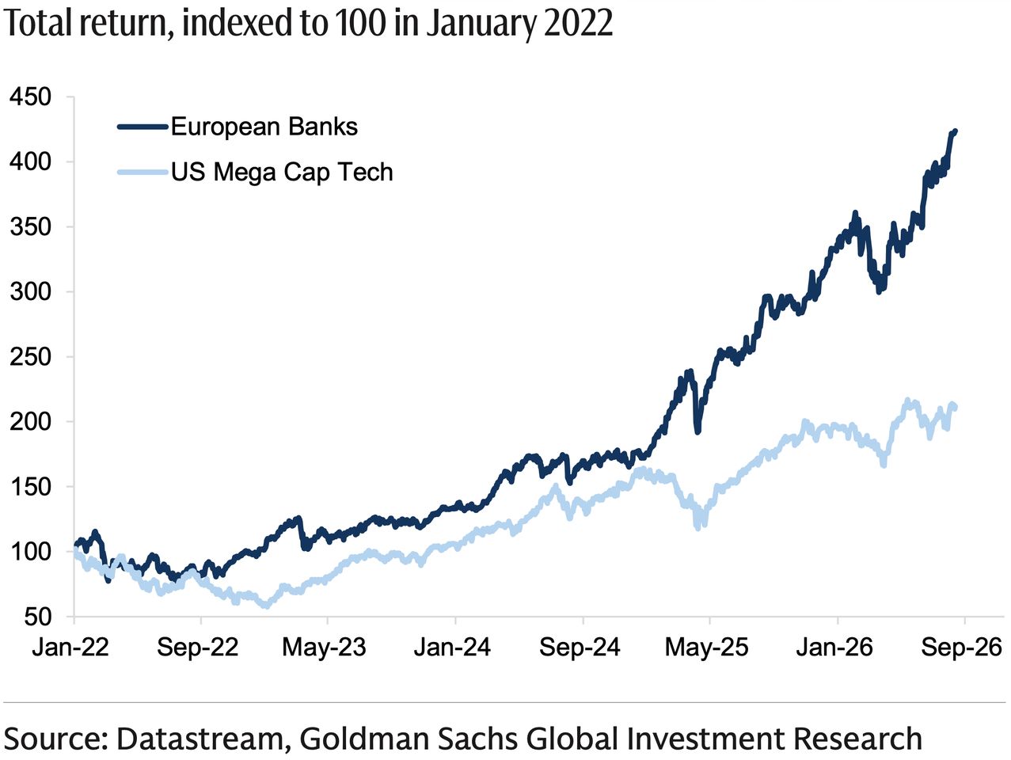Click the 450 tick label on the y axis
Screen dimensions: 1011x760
(x=30, y=97)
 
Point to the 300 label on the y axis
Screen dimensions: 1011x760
(x=30, y=292)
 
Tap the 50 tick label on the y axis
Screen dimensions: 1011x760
(x=37, y=617)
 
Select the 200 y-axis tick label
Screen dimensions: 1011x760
(x=30, y=422)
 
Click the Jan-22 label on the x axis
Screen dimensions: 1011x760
(x=70, y=648)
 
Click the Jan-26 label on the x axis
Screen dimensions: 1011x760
(x=834, y=648)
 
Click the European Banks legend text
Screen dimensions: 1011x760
(x=264, y=127)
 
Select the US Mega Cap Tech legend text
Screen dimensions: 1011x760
(x=283, y=173)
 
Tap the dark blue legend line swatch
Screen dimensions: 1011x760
(x=143, y=127)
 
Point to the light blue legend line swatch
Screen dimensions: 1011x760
(x=143, y=173)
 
